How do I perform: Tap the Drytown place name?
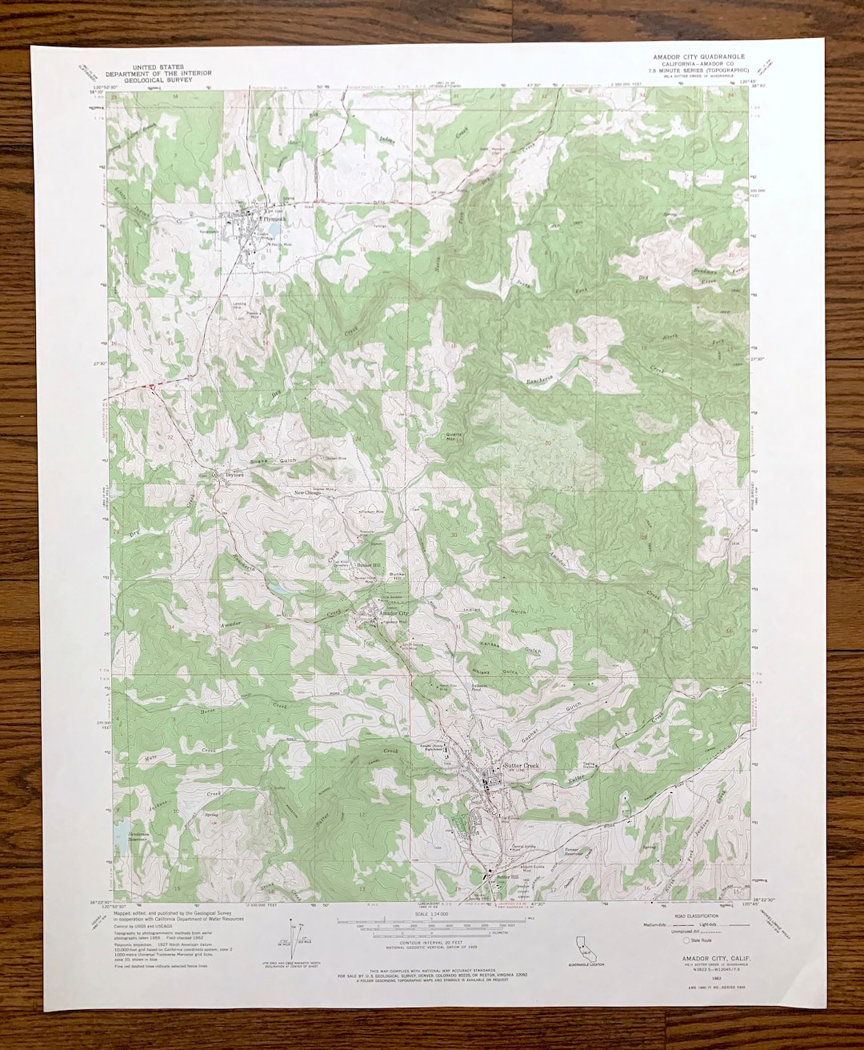click(x=233, y=474)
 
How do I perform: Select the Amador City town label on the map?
click(x=394, y=613)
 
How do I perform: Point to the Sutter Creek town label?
click(x=522, y=766)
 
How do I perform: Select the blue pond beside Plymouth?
click(x=274, y=232)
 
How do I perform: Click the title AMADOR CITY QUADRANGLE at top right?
click(x=698, y=57)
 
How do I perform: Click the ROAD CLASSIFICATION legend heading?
click(x=695, y=916)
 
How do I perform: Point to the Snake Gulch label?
click(x=274, y=462)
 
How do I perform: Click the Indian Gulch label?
click(x=495, y=611)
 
